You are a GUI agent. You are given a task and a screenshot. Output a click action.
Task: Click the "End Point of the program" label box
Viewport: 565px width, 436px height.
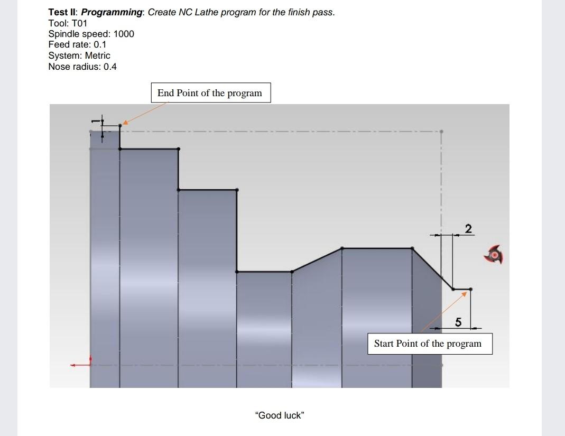[x=210, y=93]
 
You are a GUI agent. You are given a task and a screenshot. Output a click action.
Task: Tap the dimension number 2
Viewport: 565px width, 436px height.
[x=468, y=228]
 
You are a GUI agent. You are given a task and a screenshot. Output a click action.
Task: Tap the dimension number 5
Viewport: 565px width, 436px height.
[x=458, y=322]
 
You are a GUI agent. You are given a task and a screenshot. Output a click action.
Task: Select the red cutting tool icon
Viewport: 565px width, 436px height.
[x=494, y=255]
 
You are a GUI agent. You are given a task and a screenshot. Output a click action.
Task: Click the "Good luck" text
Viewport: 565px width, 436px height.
[x=279, y=415]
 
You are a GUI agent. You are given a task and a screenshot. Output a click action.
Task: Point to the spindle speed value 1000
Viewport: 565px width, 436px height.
[x=124, y=34]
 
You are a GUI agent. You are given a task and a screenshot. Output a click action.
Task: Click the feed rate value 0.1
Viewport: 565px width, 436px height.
[x=100, y=44]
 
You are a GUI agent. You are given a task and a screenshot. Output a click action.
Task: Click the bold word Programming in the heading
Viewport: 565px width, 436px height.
[x=112, y=12]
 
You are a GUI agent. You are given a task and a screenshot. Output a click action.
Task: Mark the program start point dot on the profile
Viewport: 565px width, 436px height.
[x=471, y=289]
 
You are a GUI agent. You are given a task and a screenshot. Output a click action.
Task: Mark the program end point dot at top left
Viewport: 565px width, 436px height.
[x=120, y=126]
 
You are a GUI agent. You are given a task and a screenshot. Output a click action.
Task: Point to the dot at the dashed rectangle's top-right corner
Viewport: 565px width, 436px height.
[x=441, y=132]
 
